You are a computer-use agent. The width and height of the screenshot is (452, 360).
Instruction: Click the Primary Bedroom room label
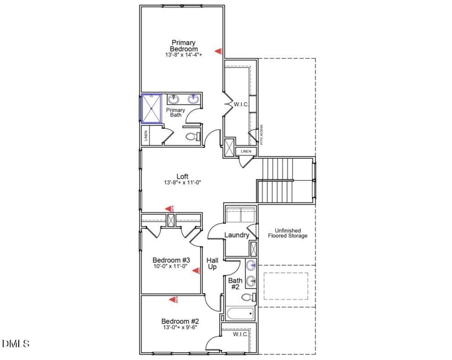(184, 45)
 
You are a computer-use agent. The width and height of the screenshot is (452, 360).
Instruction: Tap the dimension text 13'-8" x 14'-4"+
(184, 55)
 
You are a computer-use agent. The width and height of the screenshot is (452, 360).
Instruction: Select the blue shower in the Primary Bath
(151, 109)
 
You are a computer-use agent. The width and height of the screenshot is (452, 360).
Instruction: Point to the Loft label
(182, 176)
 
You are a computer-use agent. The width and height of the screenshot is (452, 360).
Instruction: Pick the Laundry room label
(237, 235)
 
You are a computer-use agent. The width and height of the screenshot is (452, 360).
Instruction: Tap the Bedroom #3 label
(170, 259)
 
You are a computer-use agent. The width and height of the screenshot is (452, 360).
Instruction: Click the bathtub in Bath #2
(240, 314)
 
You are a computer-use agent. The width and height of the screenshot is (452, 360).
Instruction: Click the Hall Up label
(212, 263)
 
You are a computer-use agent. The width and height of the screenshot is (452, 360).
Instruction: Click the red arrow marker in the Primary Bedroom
(219, 51)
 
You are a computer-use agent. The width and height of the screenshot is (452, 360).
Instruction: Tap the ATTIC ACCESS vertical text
(261, 135)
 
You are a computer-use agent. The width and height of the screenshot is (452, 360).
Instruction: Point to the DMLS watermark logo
(16, 344)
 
